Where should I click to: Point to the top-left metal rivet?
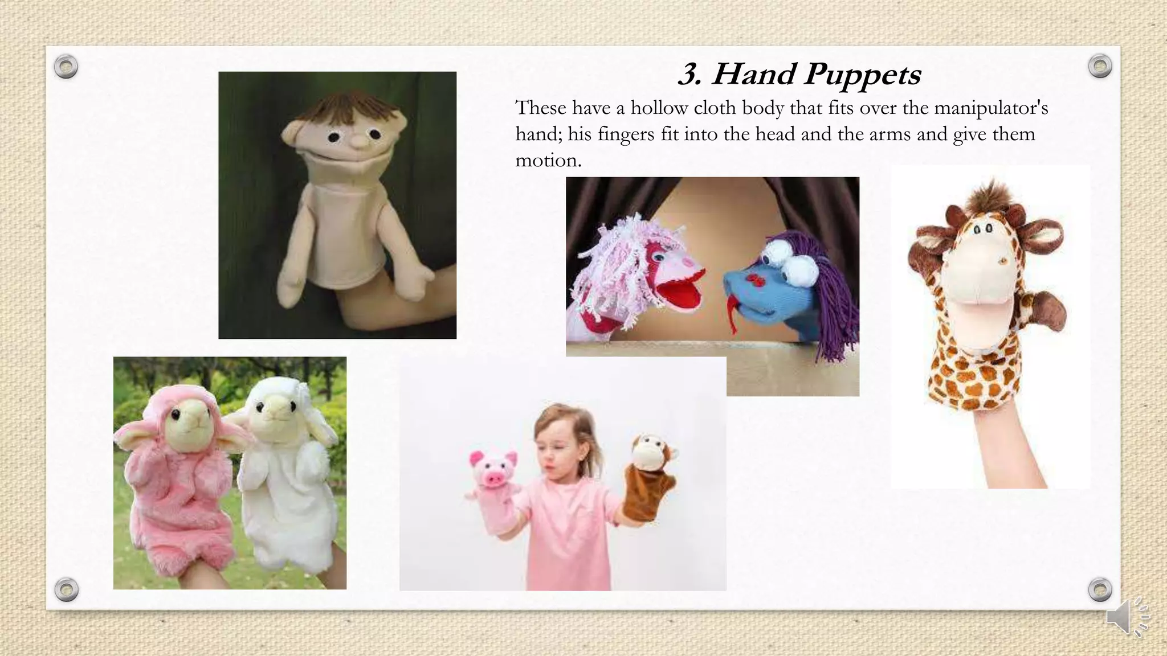[66, 67]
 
